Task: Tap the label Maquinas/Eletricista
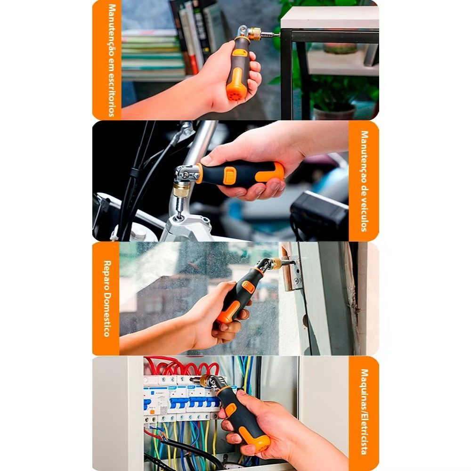point(364,412)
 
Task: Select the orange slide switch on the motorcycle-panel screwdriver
point(230,175)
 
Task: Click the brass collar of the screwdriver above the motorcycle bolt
point(181,189)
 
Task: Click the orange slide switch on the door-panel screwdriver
point(248,287)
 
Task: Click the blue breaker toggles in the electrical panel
point(180,402)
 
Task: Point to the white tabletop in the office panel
point(329,18)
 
